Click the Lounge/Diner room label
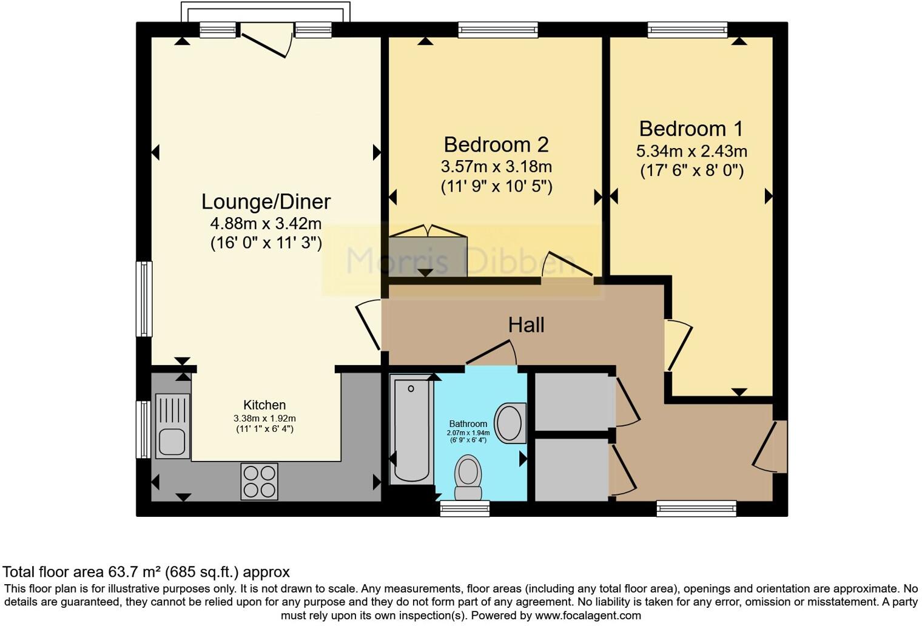pyautogui.click(x=266, y=201)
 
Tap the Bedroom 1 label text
pyautogui.click(x=692, y=129)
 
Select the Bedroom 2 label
pyautogui.click(x=496, y=145)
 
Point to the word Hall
pyautogui.click(x=526, y=325)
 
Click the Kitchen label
pyautogui.click(x=264, y=405)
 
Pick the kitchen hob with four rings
pyautogui.click(x=260, y=482)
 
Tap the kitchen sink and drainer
pyautogui.click(x=173, y=426)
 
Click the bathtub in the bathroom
pyautogui.click(x=411, y=431)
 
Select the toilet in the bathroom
pyautogui.click(x=468, y=477)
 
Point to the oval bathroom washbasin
pyautogui.click(x=510, y=423)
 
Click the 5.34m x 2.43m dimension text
pyautogui.click(x=692, y=151)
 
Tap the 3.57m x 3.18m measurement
pyautogui.click(x=496, y=167)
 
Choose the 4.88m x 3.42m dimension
pyautogui.click(x=266, y=223)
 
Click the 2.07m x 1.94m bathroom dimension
pyautogui.click(x=468, y=433)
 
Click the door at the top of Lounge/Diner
pyautogui.click(x=267, y=40)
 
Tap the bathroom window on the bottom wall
pyautogui.click(x=465, y=508)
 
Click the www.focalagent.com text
pyautogui.click(x=588, y=616)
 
